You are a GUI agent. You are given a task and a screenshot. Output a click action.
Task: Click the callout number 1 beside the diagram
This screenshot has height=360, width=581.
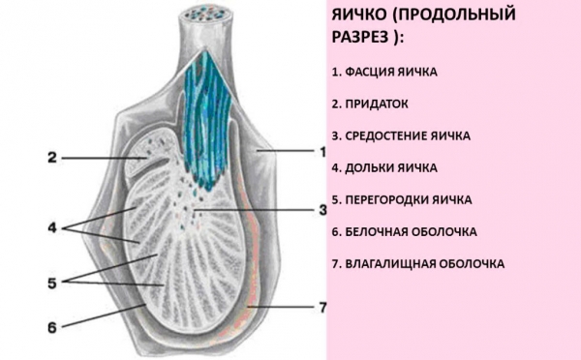(x=322, y=152)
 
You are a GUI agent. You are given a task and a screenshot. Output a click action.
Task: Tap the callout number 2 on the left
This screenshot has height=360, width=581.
(x=52, y=158)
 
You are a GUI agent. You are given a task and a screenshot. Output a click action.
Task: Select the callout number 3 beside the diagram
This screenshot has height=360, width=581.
(x=323, y=210)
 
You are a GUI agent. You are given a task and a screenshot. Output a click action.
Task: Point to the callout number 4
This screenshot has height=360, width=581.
(x=52, y=227)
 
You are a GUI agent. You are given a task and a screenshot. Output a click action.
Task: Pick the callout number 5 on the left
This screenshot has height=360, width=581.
(x=52, y=283)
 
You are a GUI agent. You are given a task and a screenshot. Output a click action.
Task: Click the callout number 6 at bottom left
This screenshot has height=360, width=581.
(x=52, y=327)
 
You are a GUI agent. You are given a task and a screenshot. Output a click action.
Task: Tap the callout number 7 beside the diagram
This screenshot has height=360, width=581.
(x=322, y=307)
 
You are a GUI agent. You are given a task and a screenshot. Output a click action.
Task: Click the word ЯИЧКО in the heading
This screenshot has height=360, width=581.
(x=358, y=15)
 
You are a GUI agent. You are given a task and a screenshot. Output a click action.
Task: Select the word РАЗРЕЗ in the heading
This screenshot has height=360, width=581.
(x=360, y=37)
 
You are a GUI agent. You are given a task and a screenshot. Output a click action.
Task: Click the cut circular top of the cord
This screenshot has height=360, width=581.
(x=206, y=15)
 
